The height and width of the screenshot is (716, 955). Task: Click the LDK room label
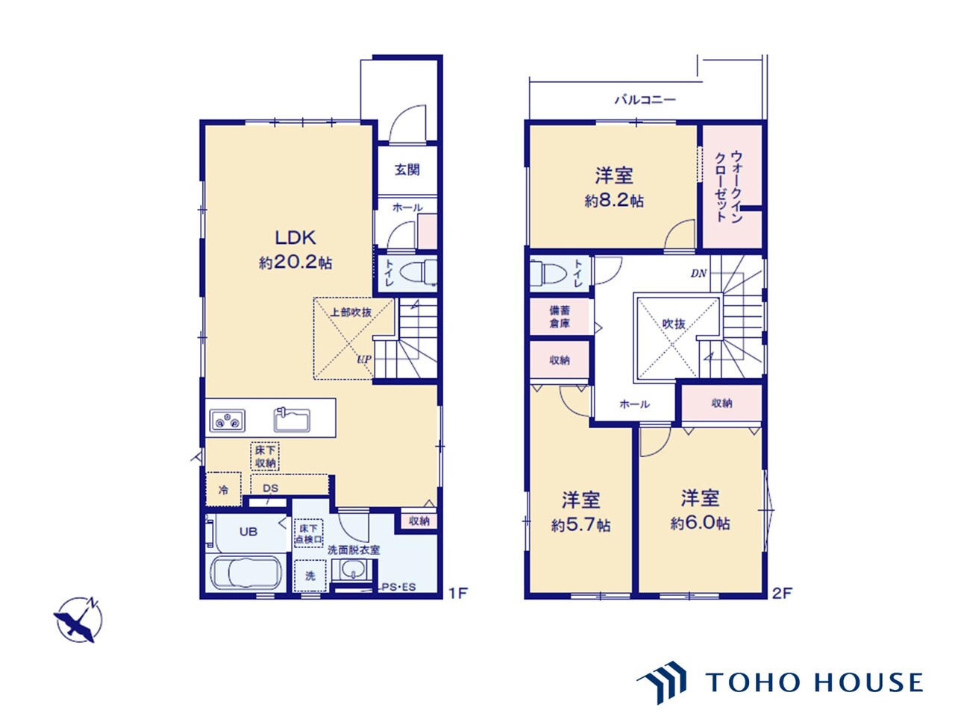[295, 238]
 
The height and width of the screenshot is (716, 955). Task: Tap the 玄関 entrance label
[407, 170]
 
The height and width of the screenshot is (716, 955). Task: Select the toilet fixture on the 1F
[418, 272]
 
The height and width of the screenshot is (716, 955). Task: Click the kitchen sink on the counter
[292, 420]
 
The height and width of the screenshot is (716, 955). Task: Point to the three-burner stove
[227, 421]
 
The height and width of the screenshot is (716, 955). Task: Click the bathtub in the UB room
[245, 573]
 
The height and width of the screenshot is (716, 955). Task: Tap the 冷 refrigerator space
[223, 489]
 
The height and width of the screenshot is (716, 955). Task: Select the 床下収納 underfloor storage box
[265, 456]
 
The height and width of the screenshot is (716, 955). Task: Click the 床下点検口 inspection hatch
[309, 533]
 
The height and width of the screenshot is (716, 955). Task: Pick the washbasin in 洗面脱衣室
[352, 570]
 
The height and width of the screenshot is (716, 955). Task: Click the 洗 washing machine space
[310, 576]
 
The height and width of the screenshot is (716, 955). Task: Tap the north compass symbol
[78, 619]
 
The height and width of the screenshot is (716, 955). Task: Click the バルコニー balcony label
[645, 100]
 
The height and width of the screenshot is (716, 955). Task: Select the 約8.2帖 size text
[614, 201]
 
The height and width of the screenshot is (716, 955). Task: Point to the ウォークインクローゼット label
[729, 187]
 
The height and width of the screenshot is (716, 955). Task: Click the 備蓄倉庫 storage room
[560, 317]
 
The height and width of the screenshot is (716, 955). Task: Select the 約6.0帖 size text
[700, 524]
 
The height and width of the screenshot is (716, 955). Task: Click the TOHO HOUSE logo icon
[662, 682]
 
